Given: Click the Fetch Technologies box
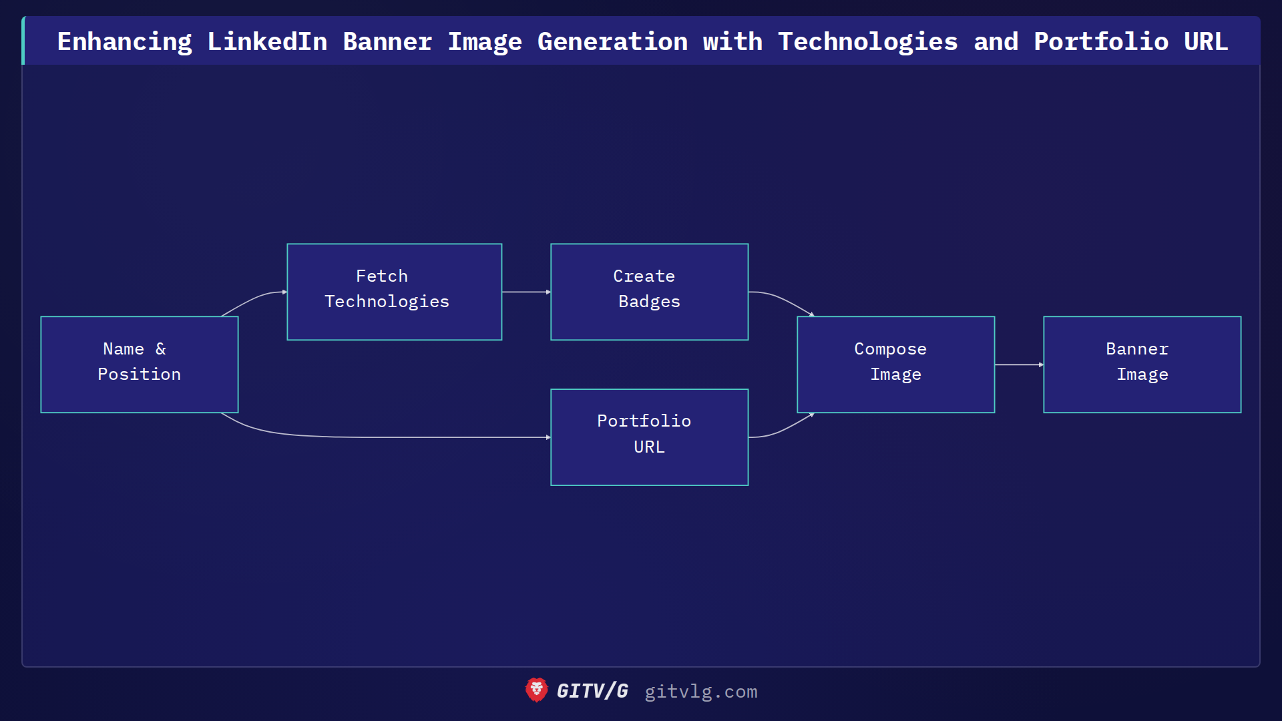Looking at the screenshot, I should [x=394, y=292].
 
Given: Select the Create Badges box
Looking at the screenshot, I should [x=649, y=292].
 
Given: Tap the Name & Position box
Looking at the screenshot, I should [x=139, y=365].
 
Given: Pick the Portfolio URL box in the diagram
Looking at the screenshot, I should [x=649, y=437].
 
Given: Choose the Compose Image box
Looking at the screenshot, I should [x=895, y=365].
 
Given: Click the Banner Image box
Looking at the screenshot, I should [x=1142, y=365].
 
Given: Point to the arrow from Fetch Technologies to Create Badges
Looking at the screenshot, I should [x=526, y=292].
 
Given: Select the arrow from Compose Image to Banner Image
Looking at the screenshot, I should [x=1019, y=365].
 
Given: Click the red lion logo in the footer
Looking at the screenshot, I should [x=536, y=690].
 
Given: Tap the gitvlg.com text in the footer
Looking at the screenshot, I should [x=700, y=692].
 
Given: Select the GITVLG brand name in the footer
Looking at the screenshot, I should [x=592, y=691].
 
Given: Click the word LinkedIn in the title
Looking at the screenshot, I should [x=267, y=41].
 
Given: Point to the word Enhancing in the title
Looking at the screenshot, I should [x=124, y=41].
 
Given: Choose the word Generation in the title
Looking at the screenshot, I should [x=612, y=41].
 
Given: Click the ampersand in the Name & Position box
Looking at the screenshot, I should [x=160, y=348].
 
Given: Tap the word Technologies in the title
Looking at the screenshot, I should [x=867, y=41].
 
